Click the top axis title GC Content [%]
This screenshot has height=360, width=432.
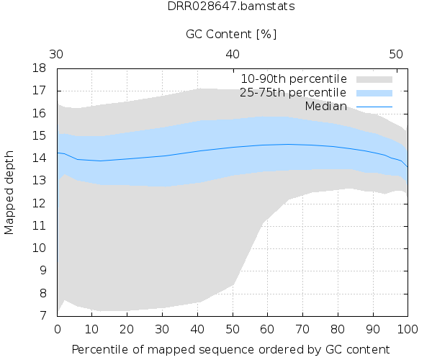[231, 34]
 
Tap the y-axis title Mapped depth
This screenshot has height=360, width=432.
[10, 192]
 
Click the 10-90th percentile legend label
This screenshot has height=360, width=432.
[294, 78]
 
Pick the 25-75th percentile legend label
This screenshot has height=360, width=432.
[294, 92]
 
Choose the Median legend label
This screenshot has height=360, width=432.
[325, 106]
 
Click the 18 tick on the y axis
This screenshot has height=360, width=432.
[41, 68]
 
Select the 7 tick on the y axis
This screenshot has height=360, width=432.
[44, 315]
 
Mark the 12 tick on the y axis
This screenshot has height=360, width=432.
[41, 203]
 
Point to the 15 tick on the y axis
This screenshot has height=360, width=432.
[41, 136]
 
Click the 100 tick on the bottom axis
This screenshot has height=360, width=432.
[408, 329]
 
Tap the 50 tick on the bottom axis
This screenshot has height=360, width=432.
[233, 329]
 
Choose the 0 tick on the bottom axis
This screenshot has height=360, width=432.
[58, 329]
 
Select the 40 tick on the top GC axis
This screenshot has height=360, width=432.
[233, 54]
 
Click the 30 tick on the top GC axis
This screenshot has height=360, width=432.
[58, 54]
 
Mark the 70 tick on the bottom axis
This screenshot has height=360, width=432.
[303, 329]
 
